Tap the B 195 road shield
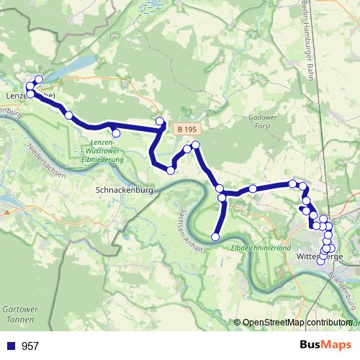[x=186, y=129]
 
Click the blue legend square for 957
[x=11, y=346]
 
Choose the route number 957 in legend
[x=30, y=346]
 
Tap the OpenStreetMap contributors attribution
[x=296, y=323]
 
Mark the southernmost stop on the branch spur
[x=215, y=236]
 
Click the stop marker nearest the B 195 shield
[x=160, y=121]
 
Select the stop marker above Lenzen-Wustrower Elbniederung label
[x=116, y=132]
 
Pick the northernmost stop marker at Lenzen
[x=38, y=80]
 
